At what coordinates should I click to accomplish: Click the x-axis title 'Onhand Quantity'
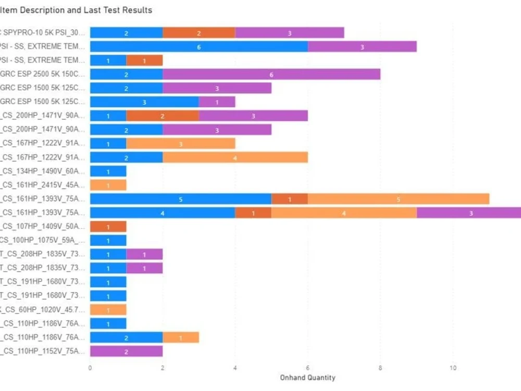[x=307, y=377]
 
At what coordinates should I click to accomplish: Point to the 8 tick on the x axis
[x=380, y=368]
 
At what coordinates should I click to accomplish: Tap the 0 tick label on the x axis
[x=90, y=368]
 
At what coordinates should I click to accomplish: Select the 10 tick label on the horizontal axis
[x=453, y=368]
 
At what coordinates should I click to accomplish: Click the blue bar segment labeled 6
[x=199, y=46]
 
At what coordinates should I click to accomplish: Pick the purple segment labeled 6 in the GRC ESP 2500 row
[x=271, y=75]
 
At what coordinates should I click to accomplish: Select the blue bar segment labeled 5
[x=180, y=199]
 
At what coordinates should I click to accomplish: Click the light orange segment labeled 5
[x=399, y=199]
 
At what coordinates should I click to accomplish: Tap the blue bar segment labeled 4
[x=162, y=213]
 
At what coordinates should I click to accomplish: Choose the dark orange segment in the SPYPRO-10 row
[x=199, y=33]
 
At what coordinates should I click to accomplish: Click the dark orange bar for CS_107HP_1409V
[x=108, y=227]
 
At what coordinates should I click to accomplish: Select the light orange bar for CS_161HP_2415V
[x=108, y=185]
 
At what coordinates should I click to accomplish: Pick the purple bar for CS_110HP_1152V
[x=126, y=351]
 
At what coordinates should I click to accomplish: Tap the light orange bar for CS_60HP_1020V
[x=108, y=310]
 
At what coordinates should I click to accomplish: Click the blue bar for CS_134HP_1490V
[x=108, y=171]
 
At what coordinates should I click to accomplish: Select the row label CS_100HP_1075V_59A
[x=42, y=240]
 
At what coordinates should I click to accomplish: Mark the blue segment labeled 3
[x=144, y=102]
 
